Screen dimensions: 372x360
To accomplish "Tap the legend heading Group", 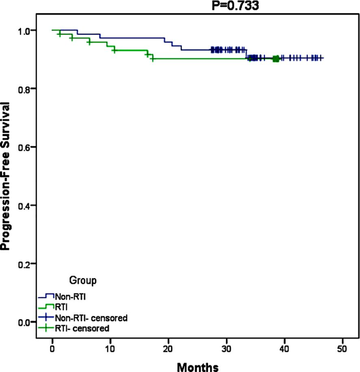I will click(x=83, y=280).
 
